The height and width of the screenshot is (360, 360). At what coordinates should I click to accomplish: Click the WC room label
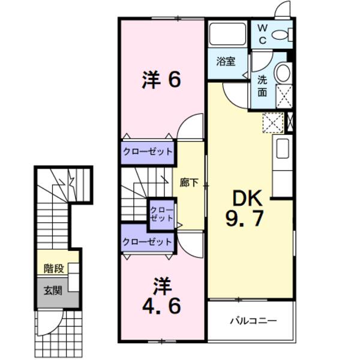click(263, 34)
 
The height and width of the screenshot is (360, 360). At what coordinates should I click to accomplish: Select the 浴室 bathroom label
click(226, 62)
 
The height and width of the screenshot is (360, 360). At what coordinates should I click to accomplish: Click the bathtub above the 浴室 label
click(227, 34)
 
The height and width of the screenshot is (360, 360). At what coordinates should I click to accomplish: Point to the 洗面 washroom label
click(262, 86)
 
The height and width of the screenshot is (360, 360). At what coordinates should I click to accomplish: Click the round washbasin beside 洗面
click(283, 73)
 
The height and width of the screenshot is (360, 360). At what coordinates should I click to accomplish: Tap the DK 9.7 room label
click(245, 208)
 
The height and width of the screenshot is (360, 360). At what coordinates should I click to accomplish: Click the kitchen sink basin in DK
click(283, 149)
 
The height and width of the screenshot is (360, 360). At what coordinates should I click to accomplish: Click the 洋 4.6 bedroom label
click(161, 296)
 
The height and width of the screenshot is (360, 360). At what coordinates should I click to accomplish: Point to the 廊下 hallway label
click(189, 183)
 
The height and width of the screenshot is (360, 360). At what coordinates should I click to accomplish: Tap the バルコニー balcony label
click(253, 320)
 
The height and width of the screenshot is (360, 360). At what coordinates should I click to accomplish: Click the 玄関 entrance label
click(53, 291)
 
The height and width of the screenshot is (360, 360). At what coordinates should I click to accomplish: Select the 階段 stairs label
click(54, 268)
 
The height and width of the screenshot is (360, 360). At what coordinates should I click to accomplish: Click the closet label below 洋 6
click(148, 152)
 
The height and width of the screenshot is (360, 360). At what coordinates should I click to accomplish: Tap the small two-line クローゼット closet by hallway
click(161, 214)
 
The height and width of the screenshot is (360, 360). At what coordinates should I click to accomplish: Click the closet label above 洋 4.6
click(147, 242)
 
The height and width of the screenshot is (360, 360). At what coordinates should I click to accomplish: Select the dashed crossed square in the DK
click(273, 122)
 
